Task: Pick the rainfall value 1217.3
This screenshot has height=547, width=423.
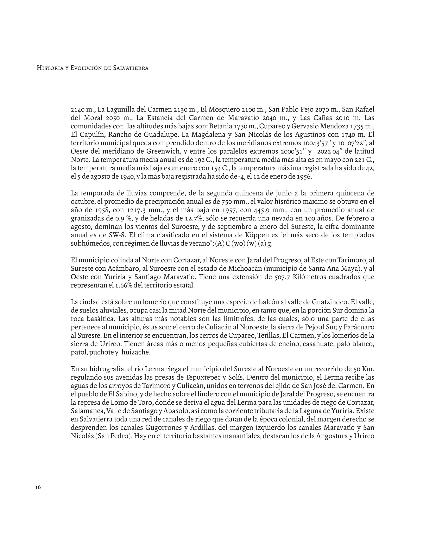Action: click(x=138, y=210)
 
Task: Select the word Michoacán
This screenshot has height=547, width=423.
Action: click(x=245, y=269)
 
